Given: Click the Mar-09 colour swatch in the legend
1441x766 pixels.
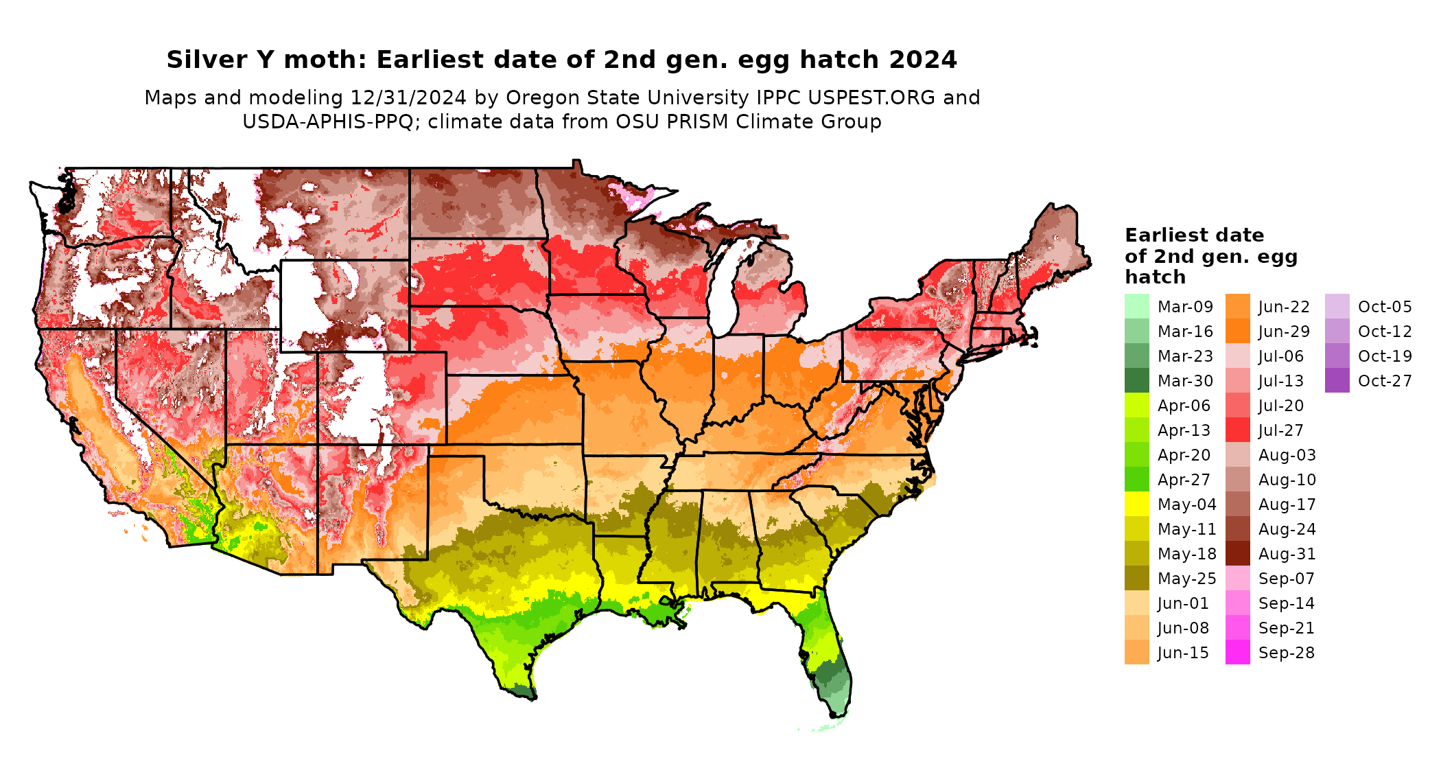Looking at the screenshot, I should tap(1136, 306).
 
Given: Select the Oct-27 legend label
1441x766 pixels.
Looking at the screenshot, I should tap(1385, 381).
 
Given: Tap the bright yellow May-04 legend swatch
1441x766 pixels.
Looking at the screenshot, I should tap(1136, 504).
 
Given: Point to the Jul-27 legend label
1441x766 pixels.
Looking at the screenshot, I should tap(1280, 430).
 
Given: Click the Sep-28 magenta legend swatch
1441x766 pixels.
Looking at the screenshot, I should tap(1237, 653).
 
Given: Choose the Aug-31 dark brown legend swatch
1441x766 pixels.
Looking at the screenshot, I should tap(1237, 554).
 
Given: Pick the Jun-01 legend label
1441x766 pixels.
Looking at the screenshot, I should tap(1183, 603).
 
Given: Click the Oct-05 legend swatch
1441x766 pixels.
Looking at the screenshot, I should tap(1337, 306).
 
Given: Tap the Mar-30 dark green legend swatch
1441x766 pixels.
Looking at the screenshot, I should tap(1136, 381).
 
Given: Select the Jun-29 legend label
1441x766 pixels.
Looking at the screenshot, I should tap(1284, 332).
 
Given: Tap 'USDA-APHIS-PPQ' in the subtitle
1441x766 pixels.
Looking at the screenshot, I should tap(328, 122).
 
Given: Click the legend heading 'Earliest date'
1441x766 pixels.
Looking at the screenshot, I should tap(1194, 235).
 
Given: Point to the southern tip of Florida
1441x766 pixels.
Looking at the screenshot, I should tap(839, 714).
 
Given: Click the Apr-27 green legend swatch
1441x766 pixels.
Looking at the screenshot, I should tap(1136, 480).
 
